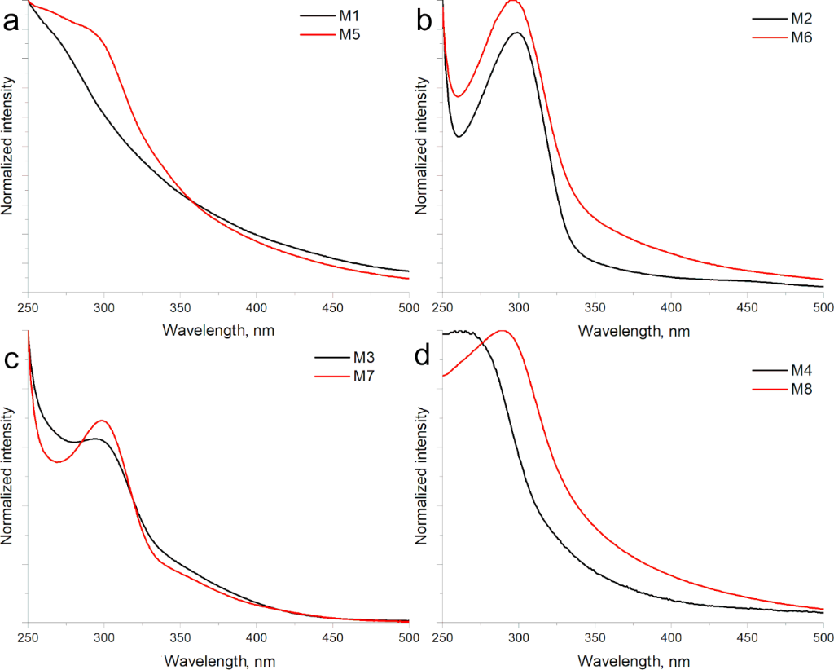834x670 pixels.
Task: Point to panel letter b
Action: pos(424,22)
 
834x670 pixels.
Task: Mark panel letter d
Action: pos(424,359)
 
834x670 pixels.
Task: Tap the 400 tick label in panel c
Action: pos(257,638)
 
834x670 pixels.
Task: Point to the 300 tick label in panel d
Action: pos(519,638)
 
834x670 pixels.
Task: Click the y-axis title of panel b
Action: pos(422,146)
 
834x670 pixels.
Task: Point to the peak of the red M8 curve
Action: pos(503,331)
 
